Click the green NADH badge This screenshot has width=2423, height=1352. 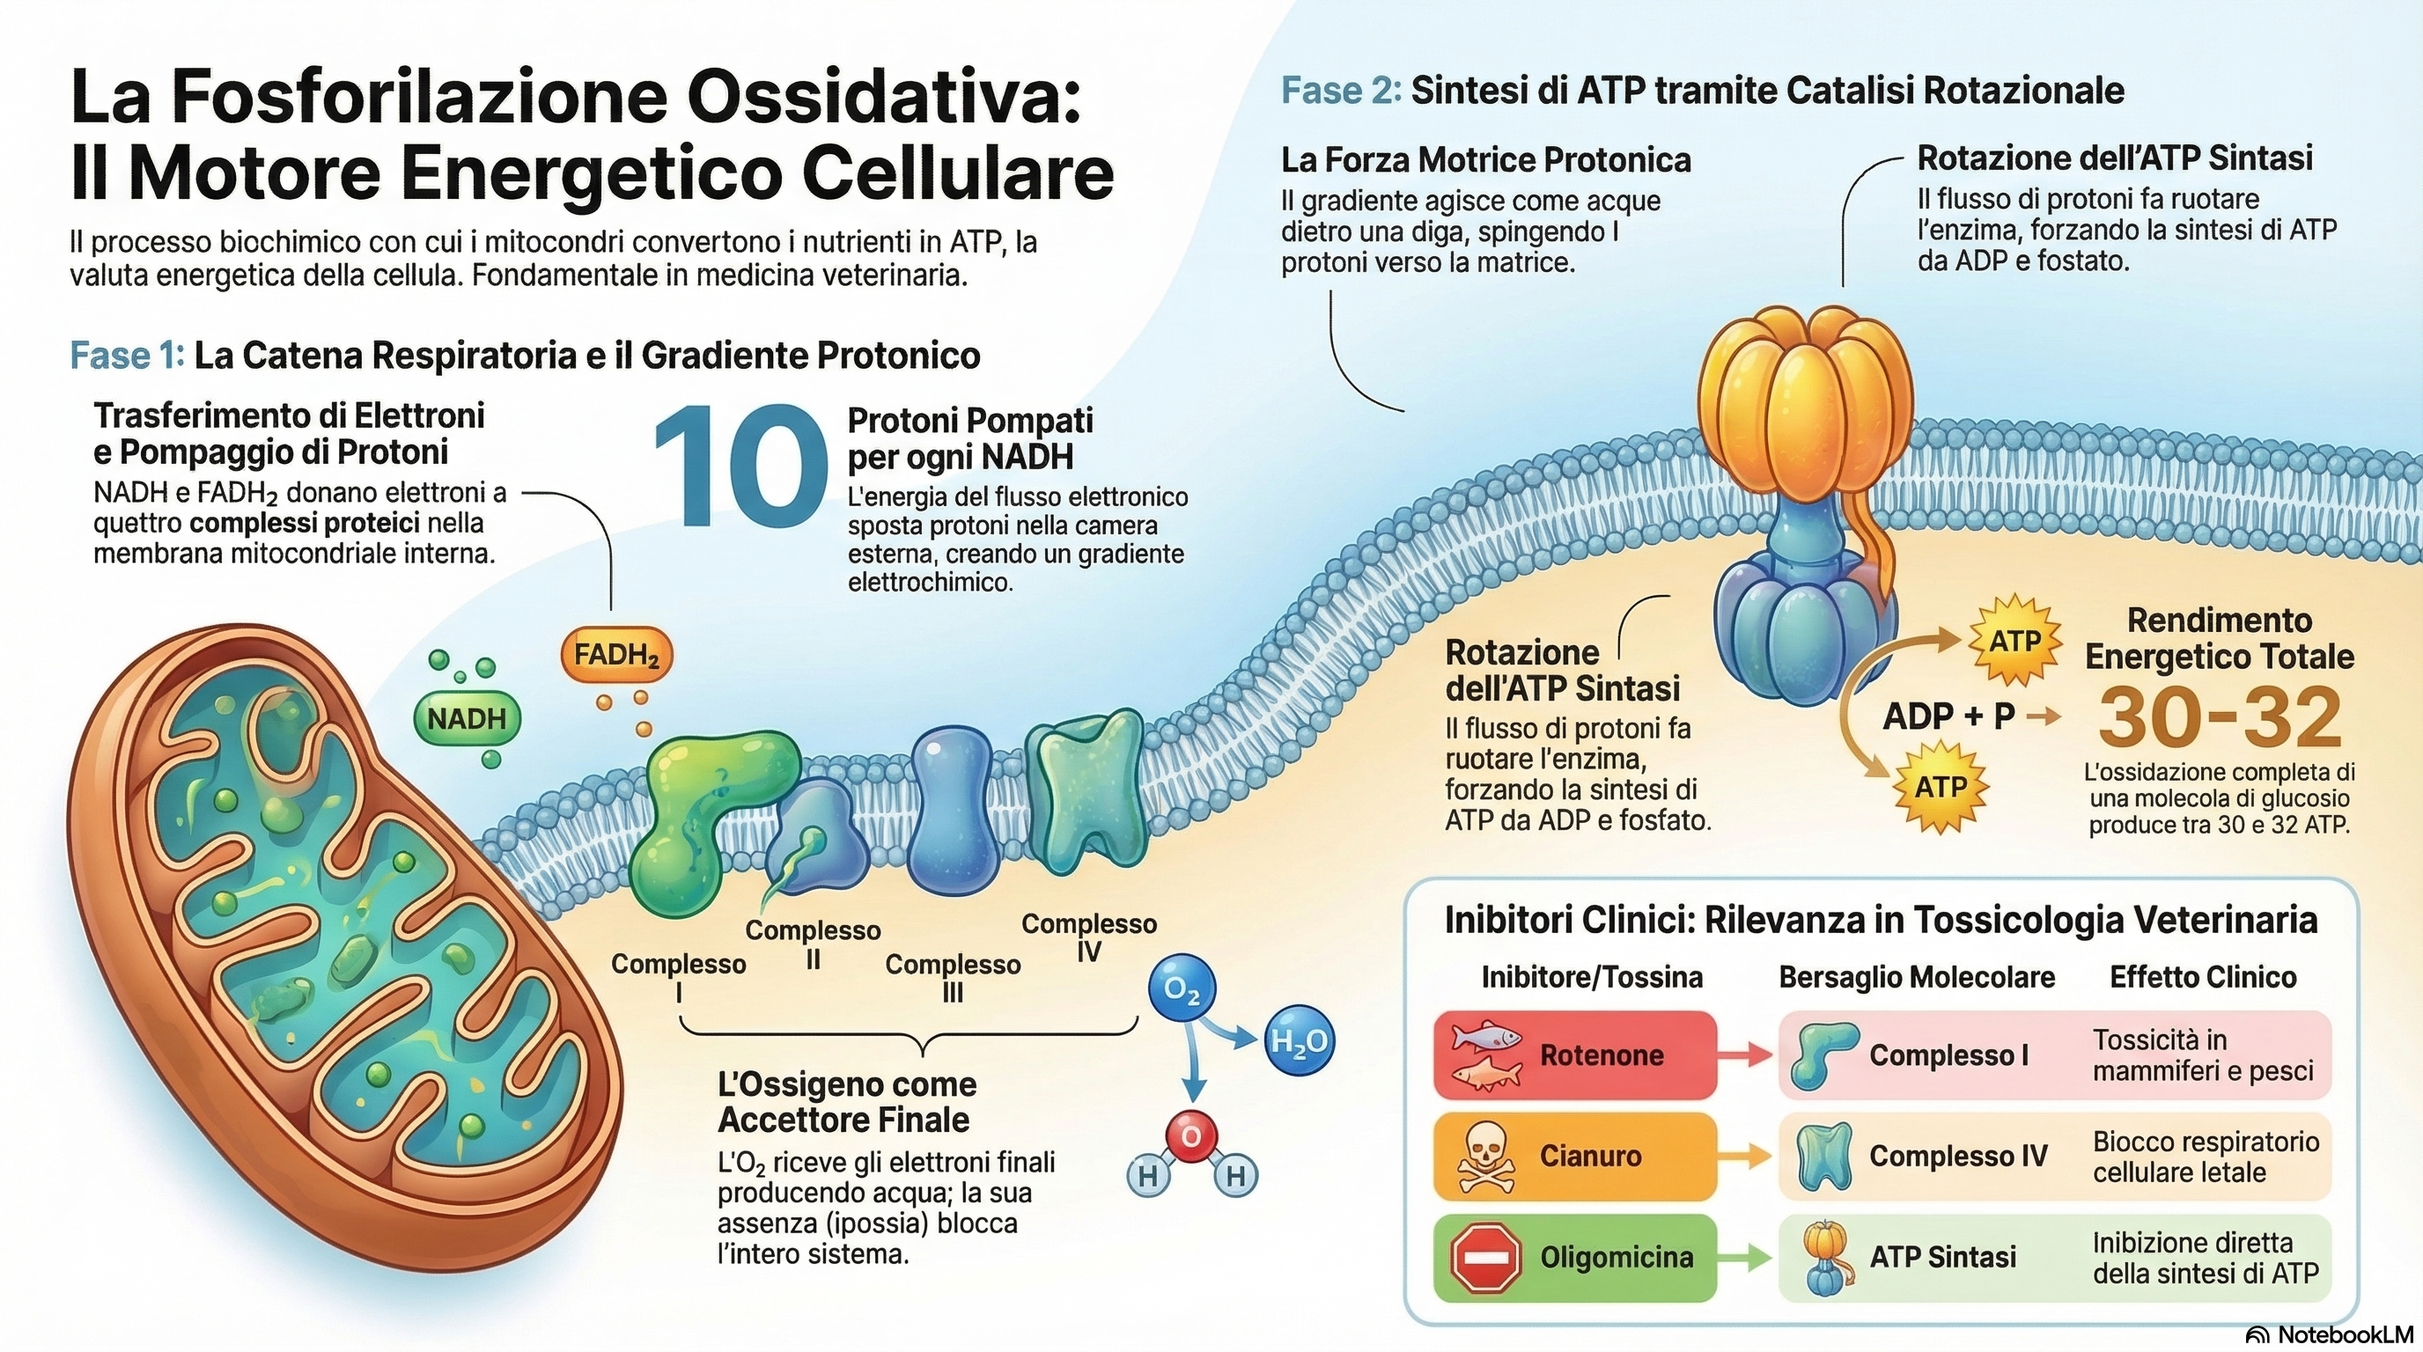(468, 719)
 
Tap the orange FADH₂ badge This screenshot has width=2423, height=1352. (616, 654)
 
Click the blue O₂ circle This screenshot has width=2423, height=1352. (1182, 989)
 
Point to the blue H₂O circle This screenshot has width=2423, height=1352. (1299, 1040)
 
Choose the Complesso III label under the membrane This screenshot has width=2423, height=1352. (952, 977)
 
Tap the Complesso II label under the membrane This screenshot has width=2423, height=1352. (813, 944)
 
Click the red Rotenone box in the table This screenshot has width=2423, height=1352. (1574, 1054)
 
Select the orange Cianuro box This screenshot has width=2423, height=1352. (1574, 1157)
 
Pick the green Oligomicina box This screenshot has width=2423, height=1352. (1574, 1258)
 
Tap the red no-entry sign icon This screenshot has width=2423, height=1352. (1486, 1258)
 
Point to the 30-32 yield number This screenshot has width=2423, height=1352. (2220, 716)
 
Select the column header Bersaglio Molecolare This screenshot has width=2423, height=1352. (1916, 978)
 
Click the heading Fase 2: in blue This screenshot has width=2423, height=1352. (1340, 92)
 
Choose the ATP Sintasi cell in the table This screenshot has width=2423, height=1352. (1942, 1258)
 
